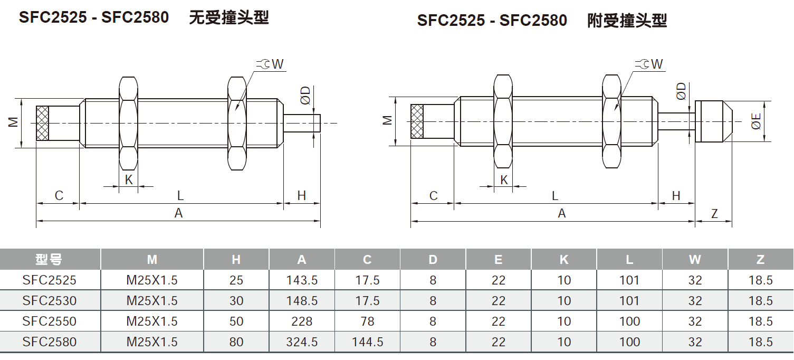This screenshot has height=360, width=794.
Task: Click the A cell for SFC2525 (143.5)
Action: click(x=302, y=280)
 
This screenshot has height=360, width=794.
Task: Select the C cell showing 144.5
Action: click(x=367, y=342)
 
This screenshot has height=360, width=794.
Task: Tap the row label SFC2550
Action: click(x=50, y=321)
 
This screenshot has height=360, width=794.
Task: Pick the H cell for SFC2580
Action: click(x=236, y=342)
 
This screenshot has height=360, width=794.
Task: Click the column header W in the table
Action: click(x=695, y=260)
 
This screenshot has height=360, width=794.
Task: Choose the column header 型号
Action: click(x=50, y=260)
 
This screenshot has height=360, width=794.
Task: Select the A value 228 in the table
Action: click(x=302, y=321)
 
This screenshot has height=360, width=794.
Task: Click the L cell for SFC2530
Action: click(x=629, y=301)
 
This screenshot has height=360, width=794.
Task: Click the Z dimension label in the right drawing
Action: click(x=714, y=214)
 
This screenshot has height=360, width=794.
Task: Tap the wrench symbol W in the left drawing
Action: click(x=270, y=64)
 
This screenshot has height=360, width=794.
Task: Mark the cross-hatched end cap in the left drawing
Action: click(x=42, y=123)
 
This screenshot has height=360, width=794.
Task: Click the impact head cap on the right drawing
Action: click(x=713, y=121)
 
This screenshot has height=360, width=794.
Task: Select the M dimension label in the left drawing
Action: click(x=13, y=122)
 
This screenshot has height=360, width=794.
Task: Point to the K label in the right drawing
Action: click(x=504, y=180)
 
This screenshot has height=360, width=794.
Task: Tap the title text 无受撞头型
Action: click(x=229, y=17)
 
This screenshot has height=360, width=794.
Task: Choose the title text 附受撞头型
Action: click(x=627, y=21)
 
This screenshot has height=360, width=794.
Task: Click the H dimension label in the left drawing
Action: click(x=301, y=196)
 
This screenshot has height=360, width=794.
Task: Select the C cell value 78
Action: click(x=367, y=321)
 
